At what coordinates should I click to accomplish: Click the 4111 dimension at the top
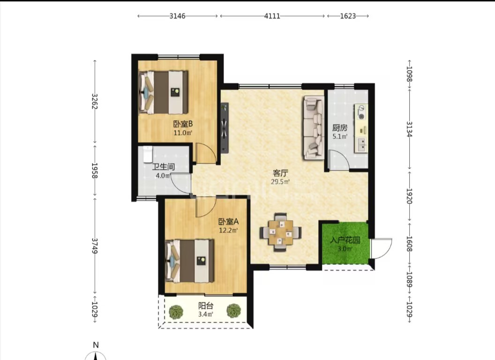[272, 16]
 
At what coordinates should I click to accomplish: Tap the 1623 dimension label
[347, 16]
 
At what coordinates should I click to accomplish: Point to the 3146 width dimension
[177, 16]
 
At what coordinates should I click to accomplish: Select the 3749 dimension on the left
[94, 246]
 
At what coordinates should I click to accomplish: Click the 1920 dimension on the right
[409, 196]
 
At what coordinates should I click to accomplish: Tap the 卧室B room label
[183, 124]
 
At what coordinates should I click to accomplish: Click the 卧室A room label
[228, 222]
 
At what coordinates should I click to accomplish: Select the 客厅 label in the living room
[280, 173]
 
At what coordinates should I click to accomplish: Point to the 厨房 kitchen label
[340, 128]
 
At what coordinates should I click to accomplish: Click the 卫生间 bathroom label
[164, 167]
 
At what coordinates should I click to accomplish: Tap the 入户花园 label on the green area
[345, 240]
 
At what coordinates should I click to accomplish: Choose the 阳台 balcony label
[206, 306]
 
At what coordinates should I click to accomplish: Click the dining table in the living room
[280, 232]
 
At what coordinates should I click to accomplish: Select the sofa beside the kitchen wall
[314, 128]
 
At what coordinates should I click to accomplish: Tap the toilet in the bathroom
[148, 154]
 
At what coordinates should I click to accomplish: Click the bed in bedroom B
[164, 92]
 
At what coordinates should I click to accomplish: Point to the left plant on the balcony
[176, 311]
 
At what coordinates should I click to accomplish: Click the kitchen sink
[361, 145]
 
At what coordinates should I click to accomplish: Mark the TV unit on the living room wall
[225, 127]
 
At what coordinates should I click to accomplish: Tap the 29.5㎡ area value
[280, 182]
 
